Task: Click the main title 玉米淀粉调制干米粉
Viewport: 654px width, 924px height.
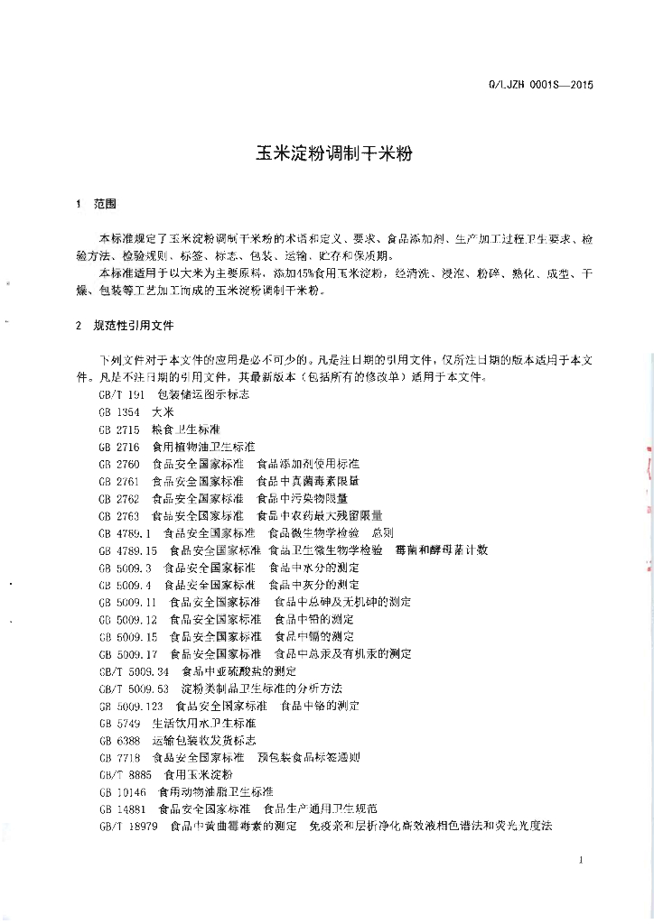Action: [327, 154]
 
